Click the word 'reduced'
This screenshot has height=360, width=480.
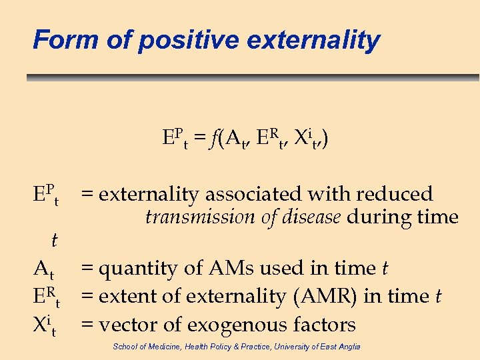[395, 194]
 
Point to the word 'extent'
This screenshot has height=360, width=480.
[125, 297]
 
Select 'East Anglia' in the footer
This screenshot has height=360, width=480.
[340, 347]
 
